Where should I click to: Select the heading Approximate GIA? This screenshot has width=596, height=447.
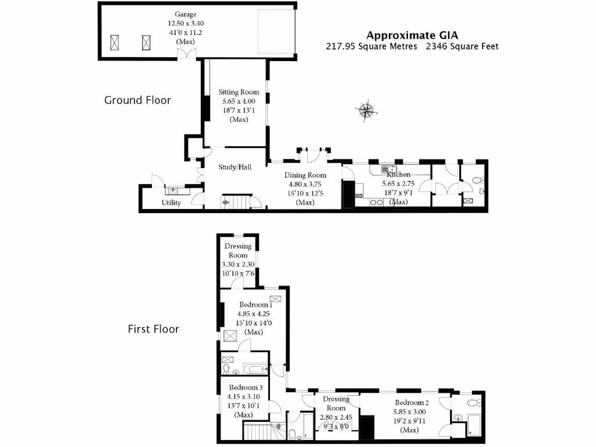point(411,34)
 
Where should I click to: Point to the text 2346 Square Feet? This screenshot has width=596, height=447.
point(462,47)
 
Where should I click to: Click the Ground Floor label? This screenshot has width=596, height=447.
point(137,100)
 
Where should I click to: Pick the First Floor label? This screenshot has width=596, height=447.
point(153,329)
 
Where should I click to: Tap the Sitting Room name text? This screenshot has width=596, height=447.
point(239,92)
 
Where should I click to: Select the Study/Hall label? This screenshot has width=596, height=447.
point(235,167)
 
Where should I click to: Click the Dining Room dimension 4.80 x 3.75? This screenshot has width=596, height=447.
point(305,184)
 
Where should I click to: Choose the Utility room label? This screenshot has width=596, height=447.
point(171,203)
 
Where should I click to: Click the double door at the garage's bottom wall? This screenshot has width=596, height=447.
point(187,54)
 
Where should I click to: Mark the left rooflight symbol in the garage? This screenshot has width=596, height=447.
point(115,42)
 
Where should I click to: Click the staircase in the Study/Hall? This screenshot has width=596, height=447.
point(235,201)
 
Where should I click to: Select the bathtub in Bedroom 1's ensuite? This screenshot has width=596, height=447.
point(255,369)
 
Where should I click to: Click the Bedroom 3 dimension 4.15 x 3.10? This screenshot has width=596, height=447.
point(245,397)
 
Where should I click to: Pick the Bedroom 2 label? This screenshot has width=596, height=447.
point(411,403)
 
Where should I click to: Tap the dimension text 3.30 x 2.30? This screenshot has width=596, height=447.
point(237,264)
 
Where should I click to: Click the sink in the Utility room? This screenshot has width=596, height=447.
point(173,190)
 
